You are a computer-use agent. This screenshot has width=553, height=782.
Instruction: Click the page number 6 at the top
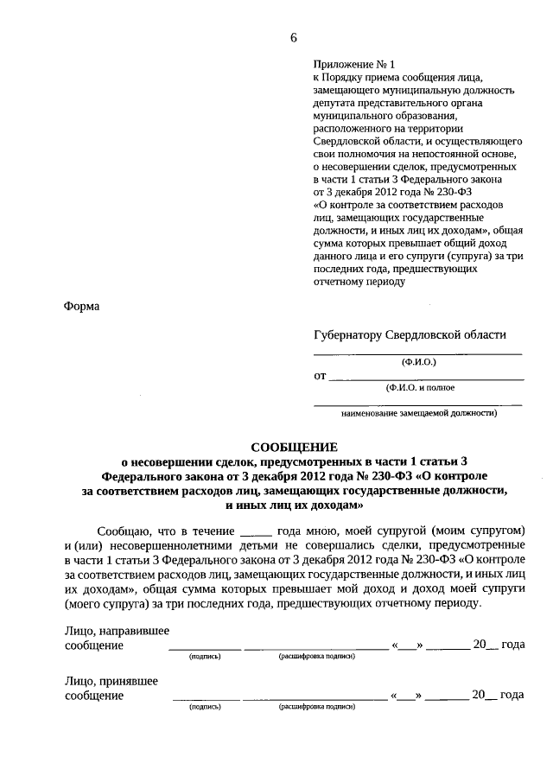293,37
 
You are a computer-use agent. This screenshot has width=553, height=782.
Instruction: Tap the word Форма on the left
82,306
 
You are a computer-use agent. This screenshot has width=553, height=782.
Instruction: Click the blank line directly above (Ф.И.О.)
417,353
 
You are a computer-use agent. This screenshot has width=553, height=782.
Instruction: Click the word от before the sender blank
320,376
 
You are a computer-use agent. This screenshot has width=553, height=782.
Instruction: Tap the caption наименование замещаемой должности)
419,413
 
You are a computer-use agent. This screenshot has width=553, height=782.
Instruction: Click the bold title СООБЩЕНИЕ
293,447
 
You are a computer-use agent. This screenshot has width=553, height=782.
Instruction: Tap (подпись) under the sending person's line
205,657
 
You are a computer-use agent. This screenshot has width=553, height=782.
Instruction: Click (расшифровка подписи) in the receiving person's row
316,706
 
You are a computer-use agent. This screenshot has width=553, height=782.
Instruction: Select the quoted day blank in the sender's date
406,646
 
